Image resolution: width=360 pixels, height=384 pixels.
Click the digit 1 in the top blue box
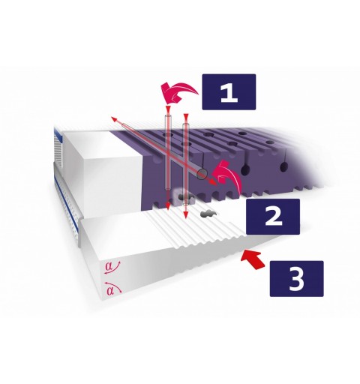point(229,92)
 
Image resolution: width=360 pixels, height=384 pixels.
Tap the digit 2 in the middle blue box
point(273,217)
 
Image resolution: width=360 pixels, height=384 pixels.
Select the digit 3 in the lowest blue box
point(297,279)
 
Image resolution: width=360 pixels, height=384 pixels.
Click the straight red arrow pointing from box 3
point(253,260)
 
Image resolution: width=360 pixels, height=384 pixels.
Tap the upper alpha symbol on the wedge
point(109,266)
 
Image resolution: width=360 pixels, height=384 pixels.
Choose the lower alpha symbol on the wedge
point(110,290)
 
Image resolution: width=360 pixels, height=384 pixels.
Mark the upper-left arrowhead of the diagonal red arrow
point(114,119)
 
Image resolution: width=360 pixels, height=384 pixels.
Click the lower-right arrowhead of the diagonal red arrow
point(213,182)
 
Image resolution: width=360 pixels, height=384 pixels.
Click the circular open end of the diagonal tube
point(202,173)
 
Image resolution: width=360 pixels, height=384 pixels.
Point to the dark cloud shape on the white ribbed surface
point(208,214)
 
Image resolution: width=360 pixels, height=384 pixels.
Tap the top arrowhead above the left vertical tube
point(167,109)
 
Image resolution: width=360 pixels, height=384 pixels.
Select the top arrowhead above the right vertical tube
point(186,116)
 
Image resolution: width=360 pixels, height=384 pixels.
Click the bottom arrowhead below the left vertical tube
point(167,206)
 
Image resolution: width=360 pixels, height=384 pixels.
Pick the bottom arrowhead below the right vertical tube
point(185,214)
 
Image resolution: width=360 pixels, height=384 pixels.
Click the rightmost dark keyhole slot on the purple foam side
point(283,166)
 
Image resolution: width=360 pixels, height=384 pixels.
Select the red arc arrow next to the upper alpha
point(113,268)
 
